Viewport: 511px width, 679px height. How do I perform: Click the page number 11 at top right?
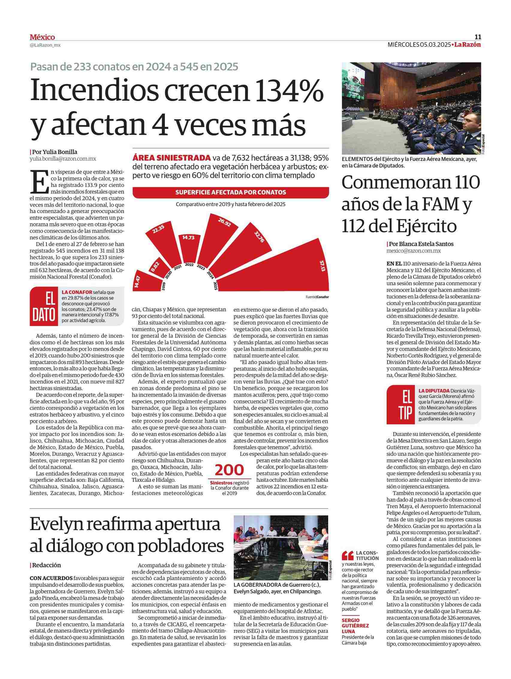pos(478,37)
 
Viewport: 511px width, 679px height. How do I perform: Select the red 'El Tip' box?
pos(401,405)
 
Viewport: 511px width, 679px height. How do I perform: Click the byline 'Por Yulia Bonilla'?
pos(55,152)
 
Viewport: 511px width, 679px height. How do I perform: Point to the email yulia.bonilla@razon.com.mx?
pos(63,159)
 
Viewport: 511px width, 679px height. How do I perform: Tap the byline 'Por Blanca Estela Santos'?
pos(421,244)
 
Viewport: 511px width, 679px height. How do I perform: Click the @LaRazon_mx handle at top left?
pos(45,45)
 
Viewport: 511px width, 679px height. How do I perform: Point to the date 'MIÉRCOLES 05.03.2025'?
pos(419,45)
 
